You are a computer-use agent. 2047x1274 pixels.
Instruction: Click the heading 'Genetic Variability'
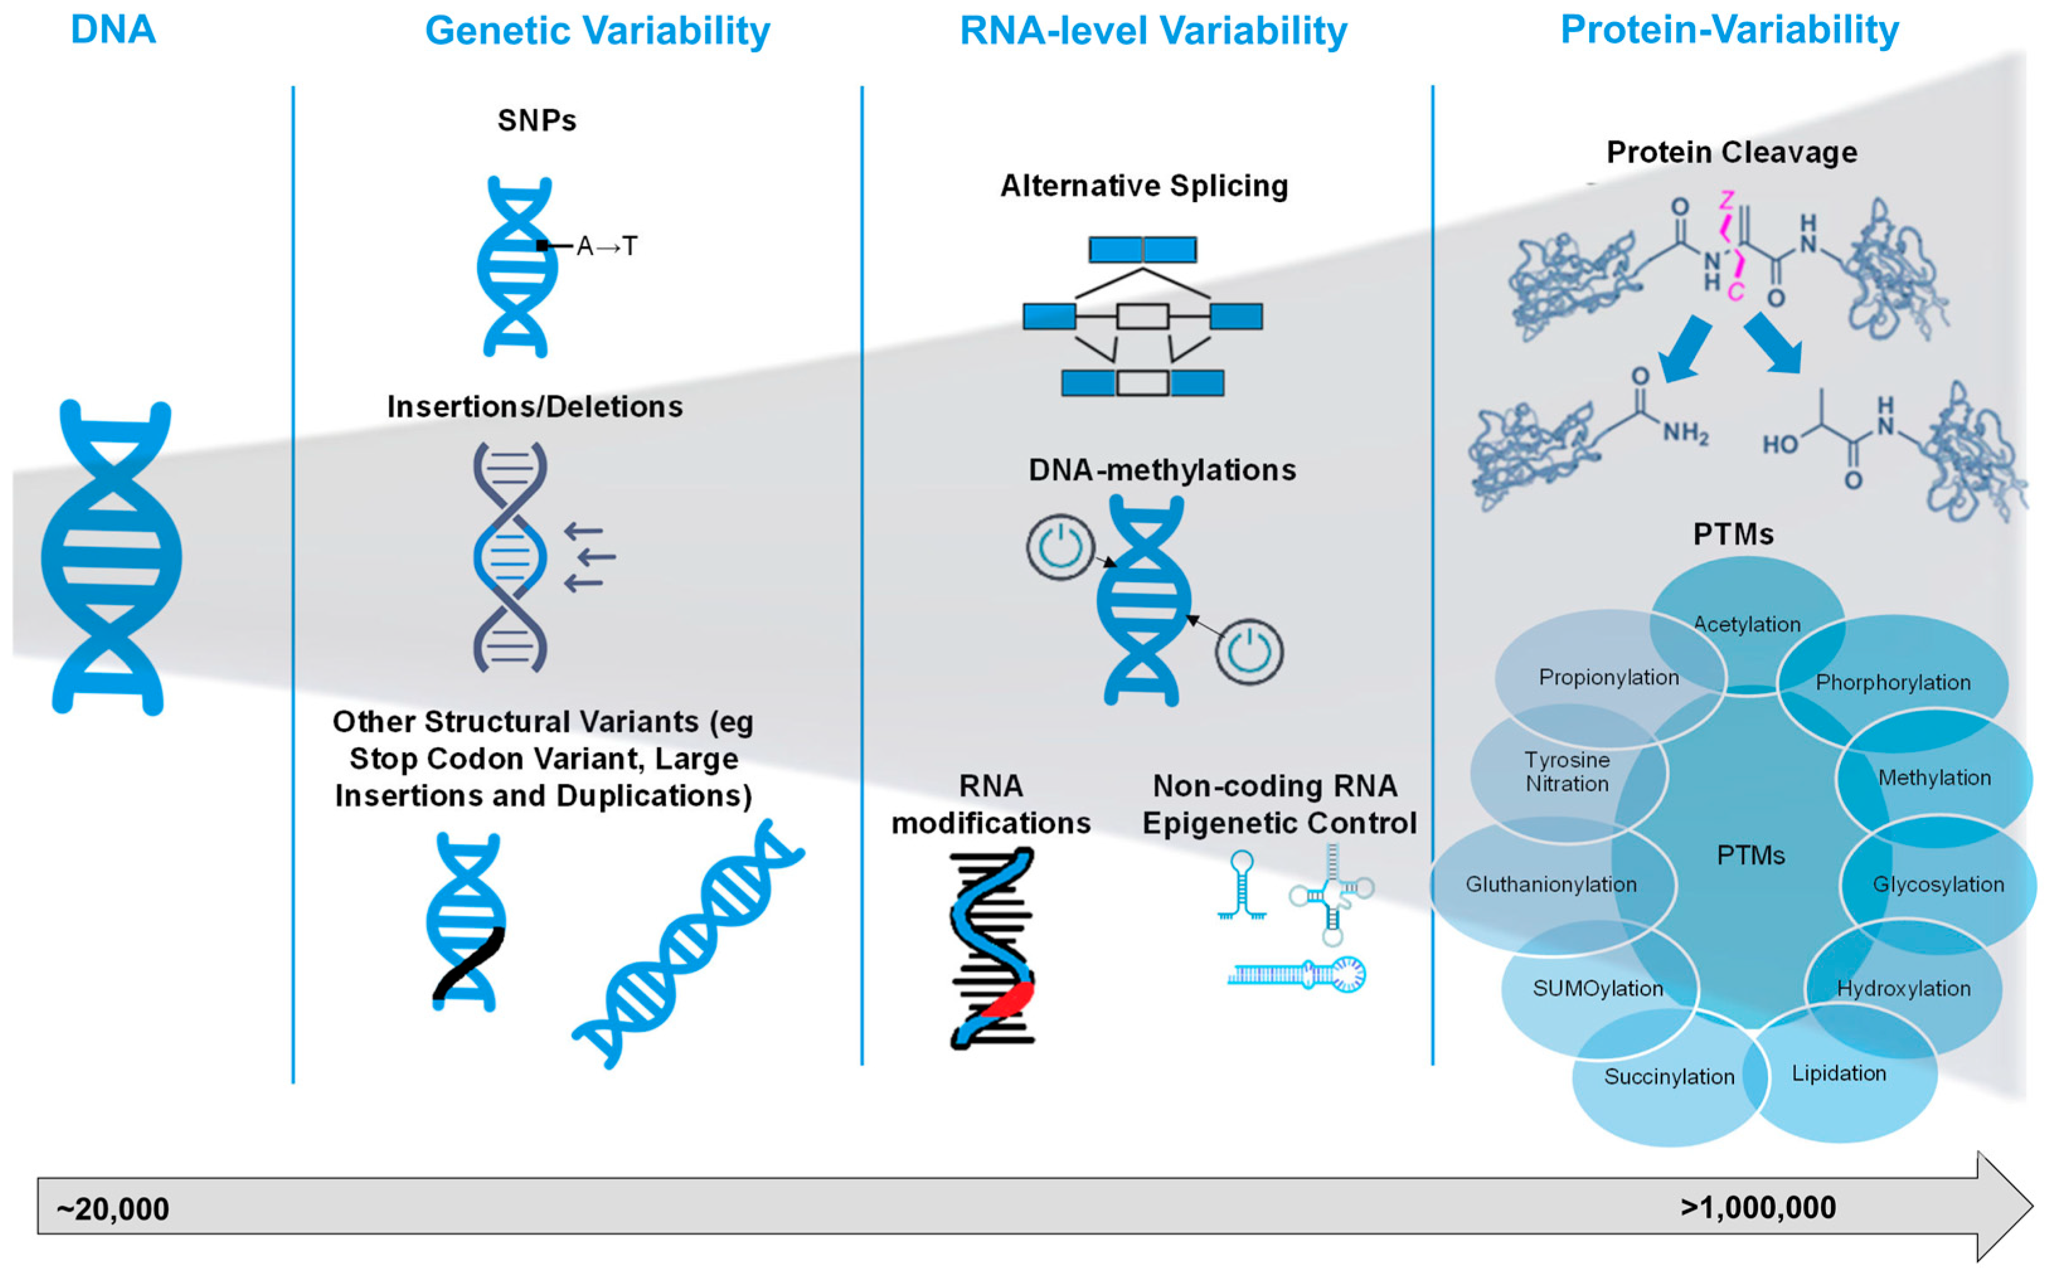597,31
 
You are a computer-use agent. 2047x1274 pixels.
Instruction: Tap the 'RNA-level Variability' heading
1153,31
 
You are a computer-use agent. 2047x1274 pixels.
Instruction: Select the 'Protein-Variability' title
1729,30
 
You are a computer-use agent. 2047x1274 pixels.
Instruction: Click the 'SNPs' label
537,120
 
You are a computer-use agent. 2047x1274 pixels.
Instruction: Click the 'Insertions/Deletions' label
535,407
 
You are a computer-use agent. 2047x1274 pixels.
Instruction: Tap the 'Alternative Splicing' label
1143,185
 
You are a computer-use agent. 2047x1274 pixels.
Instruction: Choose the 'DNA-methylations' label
1161,470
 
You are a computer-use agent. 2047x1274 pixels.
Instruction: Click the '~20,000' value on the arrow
113,1209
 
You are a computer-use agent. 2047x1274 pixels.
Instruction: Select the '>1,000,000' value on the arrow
1758,1207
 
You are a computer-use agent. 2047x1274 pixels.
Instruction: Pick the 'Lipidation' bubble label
1839,1073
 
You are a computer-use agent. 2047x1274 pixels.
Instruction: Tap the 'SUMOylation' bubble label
1598,988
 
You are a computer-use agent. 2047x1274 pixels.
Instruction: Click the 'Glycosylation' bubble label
1938,884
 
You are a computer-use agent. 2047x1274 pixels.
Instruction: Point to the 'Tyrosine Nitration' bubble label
1567,772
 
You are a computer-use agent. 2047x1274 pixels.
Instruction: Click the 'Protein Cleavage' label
1731,152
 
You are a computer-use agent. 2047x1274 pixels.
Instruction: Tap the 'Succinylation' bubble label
1669,1077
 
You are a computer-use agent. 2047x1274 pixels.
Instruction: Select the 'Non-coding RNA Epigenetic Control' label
1278,804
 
